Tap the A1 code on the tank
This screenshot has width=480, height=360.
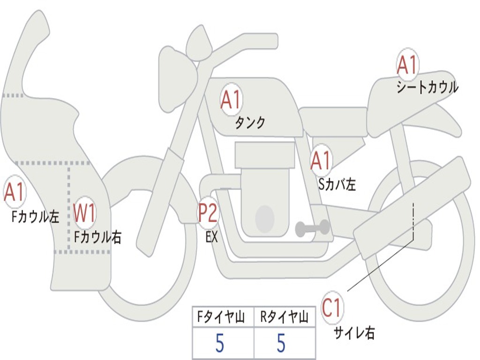[230, 100]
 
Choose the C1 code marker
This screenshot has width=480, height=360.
[332, 308]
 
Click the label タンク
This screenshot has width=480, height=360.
[250, 123]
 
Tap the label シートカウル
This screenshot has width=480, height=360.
[427, 88]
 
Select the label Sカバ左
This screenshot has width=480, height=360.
[337, 184]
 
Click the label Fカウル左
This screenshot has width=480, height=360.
[36, 217]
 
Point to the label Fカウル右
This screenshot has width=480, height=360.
[98, 237]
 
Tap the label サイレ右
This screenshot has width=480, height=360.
[354, 333]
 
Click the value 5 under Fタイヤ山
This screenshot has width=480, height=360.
[219, 344]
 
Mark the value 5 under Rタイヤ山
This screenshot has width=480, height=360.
[281, 344]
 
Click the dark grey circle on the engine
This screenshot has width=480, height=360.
[264, 218]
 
